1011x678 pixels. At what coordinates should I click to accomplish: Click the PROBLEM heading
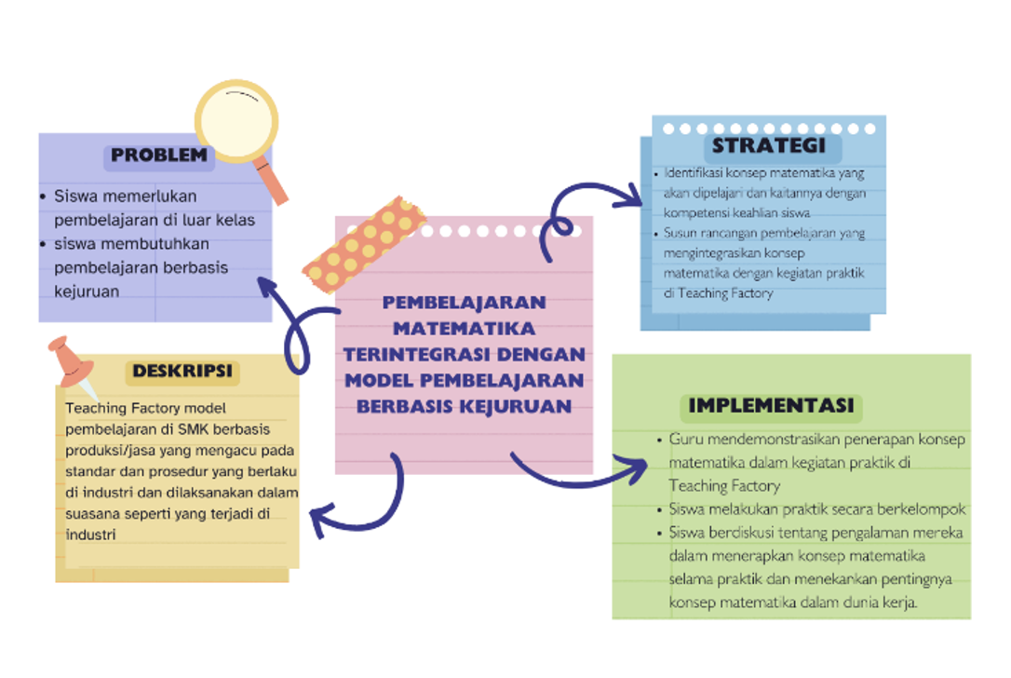159,156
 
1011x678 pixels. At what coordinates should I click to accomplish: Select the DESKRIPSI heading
182,372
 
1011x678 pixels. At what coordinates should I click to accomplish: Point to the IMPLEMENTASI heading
771,406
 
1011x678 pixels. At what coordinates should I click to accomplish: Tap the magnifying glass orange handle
274,184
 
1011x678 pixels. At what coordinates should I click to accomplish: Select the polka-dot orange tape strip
364,241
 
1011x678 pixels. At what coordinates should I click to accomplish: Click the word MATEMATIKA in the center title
464,328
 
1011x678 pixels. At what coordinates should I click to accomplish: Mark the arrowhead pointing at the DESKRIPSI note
321,519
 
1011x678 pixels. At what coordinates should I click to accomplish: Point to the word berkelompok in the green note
921,509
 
